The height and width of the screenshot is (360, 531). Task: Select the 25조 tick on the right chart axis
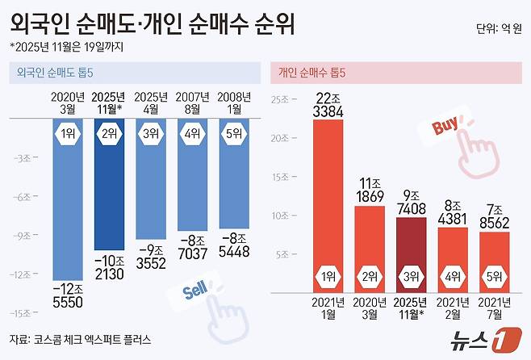coord(280,101)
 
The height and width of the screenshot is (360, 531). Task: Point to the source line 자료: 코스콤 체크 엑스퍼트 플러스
coord(80,339)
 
